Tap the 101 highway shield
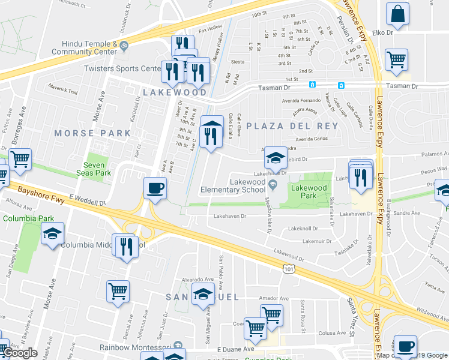click(289, 269)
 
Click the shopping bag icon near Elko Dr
click(397, 13)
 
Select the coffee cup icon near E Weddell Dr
click(155, 188)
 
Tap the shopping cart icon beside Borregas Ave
click(20, 159)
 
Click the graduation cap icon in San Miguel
click(203, 294)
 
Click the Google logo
click(20, 353)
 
